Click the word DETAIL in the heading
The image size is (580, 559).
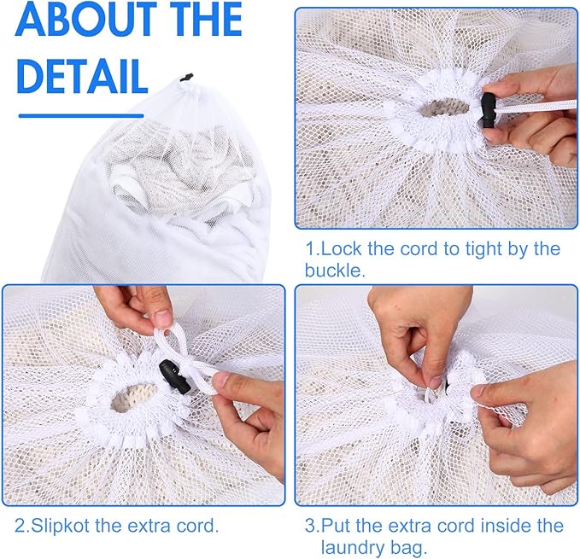(x=82, y=76)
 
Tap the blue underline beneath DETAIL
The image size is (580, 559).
(x=81, y=116)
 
